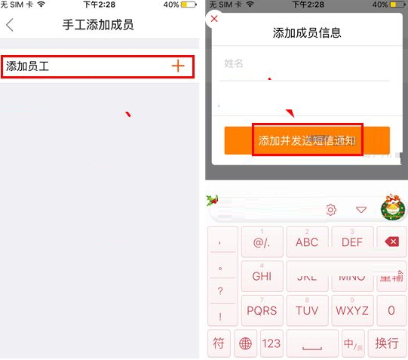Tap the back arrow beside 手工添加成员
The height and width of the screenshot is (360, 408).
tap(10, 25)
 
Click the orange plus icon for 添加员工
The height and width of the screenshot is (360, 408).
tap(178, 66)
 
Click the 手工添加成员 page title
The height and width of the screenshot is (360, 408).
tap(98, 25)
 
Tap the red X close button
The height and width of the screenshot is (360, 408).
tap(214, 18)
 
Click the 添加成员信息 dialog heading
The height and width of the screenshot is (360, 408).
tap(306, 32)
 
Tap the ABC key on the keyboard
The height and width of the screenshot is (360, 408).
tap(307, 242)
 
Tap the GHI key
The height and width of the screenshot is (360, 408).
tap(262, 276)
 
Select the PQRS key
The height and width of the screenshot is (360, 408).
tap(262, 310)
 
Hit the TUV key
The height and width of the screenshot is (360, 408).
tap(307, 310)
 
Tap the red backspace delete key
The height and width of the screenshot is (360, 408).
tap(391, 242)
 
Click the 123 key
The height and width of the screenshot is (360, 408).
tap(271, 343)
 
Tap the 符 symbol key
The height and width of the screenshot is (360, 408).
tap(219, 343)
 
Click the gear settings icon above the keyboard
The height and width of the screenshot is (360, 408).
tap(330, 210)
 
